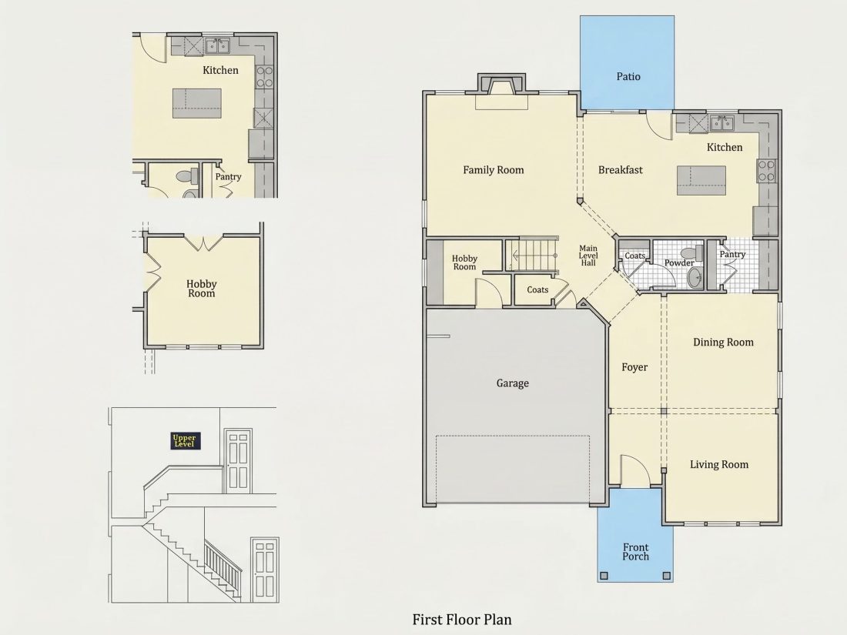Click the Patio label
pos(628,77)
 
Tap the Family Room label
pos(493,170)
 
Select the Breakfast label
pos(620,170)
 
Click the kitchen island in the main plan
pos(701,180)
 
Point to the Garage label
pos(512,383)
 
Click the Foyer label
pos(634,367)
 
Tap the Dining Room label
pos(723,343)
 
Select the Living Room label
pos(719,464)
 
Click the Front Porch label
pos(635,552)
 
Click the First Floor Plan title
pos(462,620)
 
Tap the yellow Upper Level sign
pos(186,440)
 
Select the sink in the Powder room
pos(695,277)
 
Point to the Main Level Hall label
pos(588,256)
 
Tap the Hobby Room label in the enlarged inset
pos(202,289)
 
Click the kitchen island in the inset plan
pos(197,103)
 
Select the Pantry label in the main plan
pos(732,254)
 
